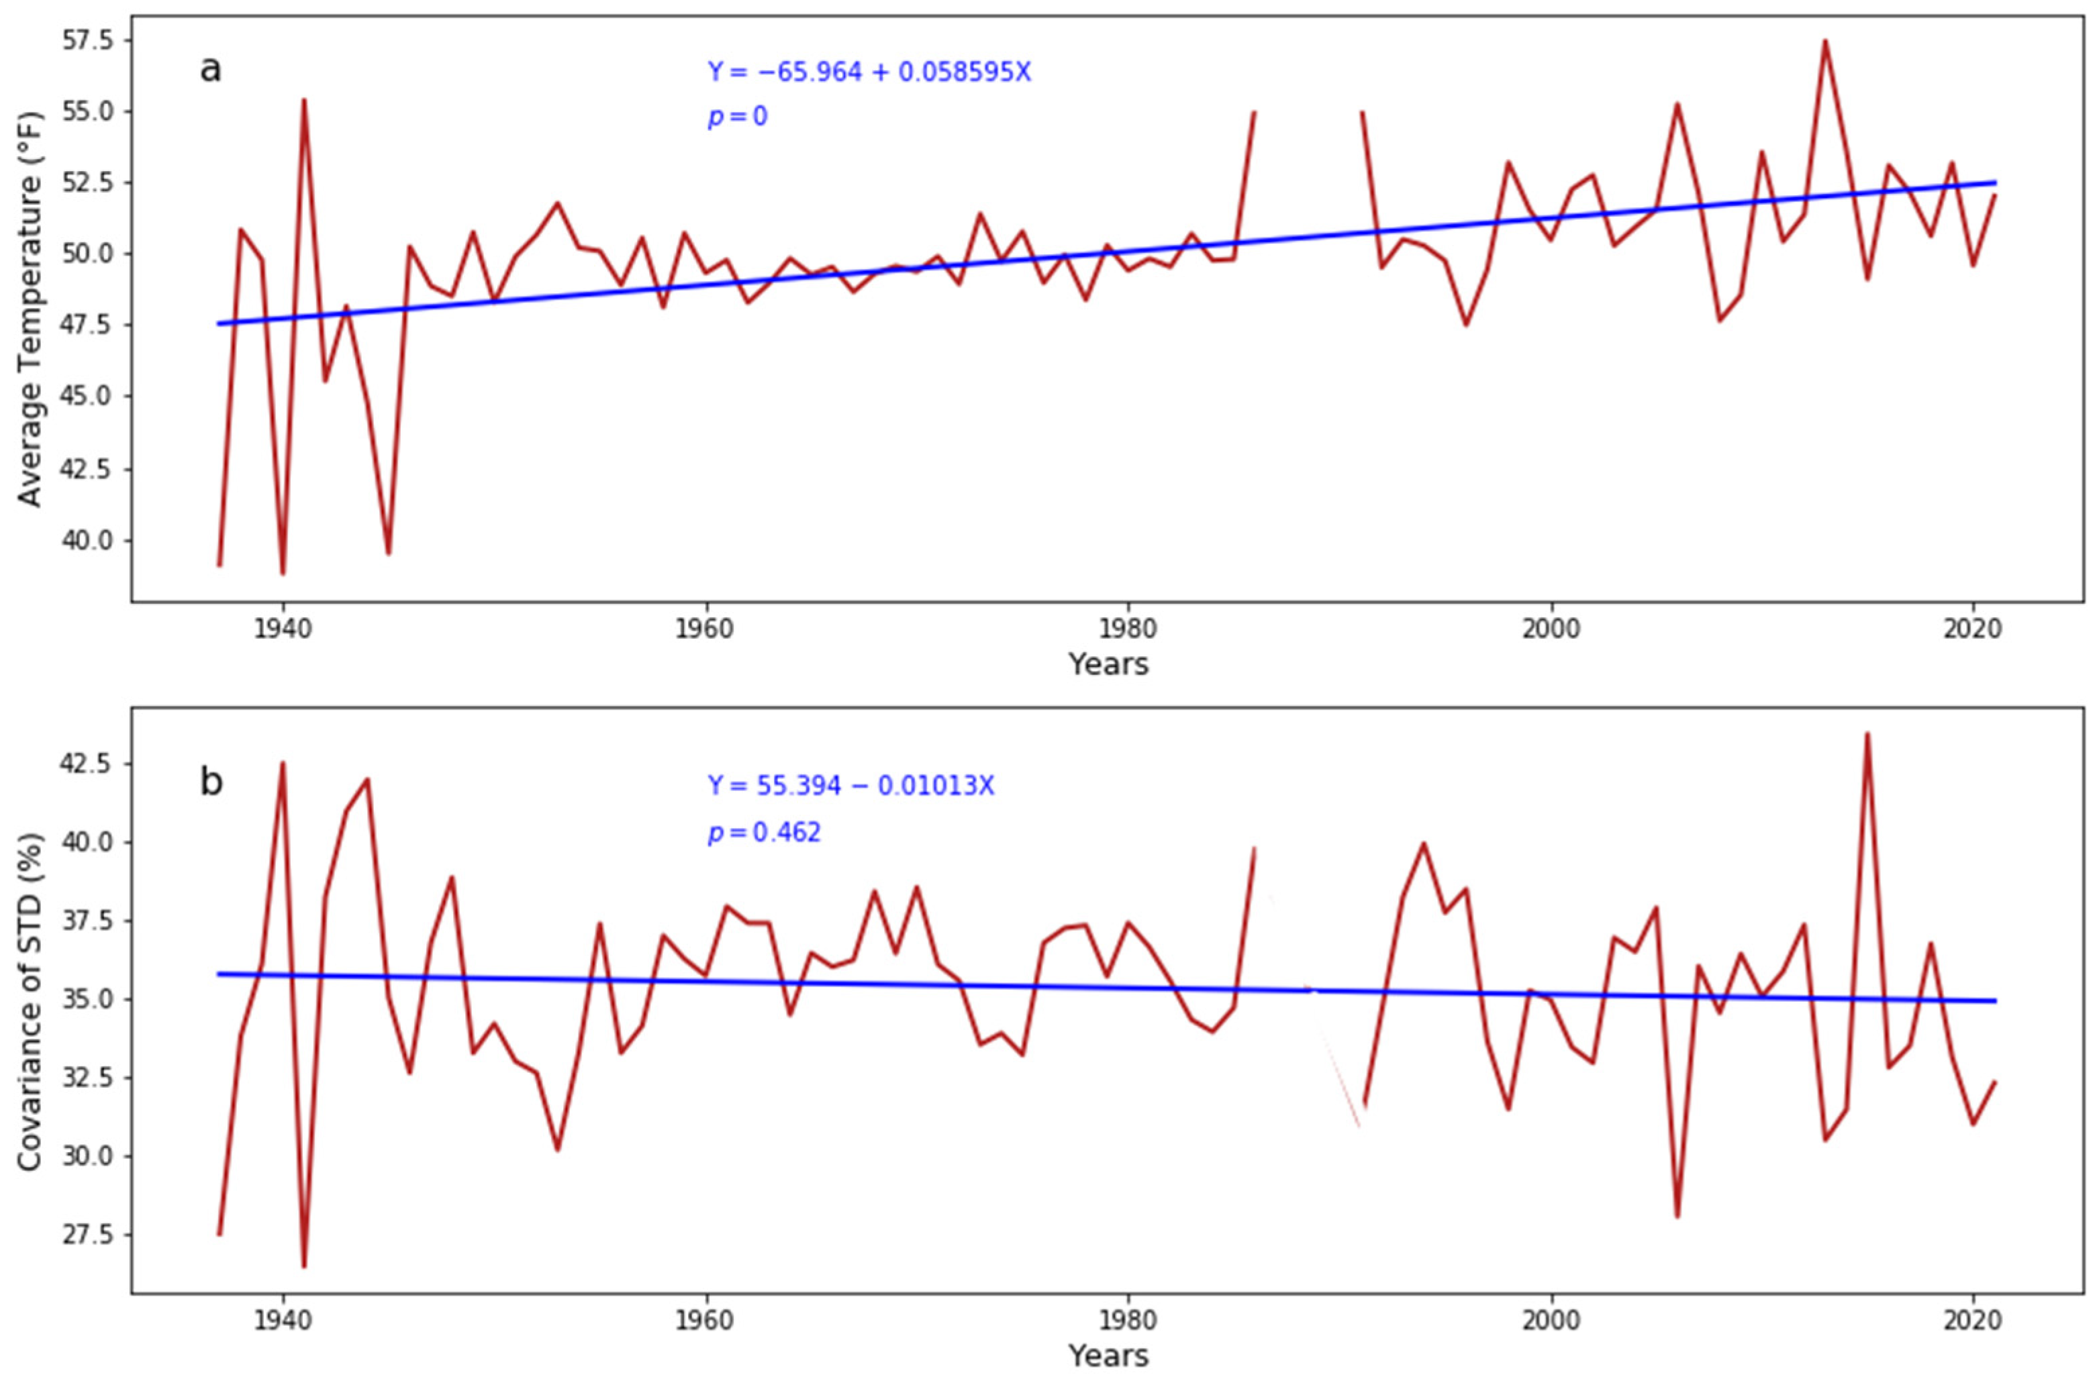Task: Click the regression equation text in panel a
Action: tap(869, 72)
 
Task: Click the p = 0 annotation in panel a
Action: tap(737, 117)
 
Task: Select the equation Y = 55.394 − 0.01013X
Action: tap(850, 785)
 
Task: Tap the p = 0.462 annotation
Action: tap(763, 832)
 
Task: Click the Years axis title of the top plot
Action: tap(1108, 664)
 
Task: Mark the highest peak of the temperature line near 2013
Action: tap(1825, 41)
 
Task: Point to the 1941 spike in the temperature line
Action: tap(304, 100)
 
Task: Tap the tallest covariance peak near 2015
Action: tap(1867, 733)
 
